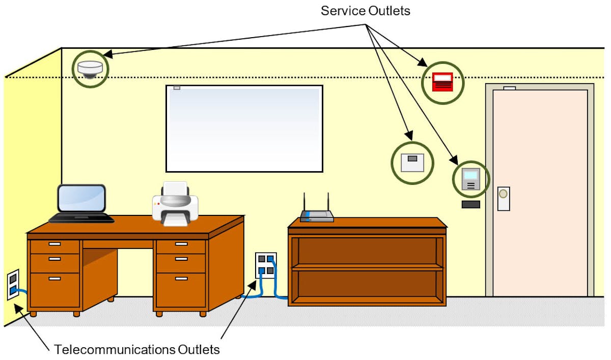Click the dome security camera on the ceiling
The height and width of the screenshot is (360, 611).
(x=90, y=69)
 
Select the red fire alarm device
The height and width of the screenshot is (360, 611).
(x=442, y=82)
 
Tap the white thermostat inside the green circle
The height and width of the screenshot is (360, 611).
(x=412, y=162)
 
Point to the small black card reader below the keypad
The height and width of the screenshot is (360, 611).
(x=471, y=205)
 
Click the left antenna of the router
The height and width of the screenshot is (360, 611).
(x=304, y=202)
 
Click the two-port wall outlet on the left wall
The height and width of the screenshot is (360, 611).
(x=13, y=285)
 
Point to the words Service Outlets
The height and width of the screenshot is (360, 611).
(x=365, y=11)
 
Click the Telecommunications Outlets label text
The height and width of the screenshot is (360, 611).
(x=137, y=350)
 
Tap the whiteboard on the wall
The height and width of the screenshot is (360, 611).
(x=244, y=128)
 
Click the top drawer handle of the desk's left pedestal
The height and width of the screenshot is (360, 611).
(x=54, y=244)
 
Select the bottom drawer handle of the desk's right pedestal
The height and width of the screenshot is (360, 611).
(x=181, y=279)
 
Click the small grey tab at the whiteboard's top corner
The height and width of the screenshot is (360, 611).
(x=177, y=88)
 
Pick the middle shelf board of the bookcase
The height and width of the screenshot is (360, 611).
(x=367, y=266)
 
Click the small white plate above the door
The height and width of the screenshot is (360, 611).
(x=509, y=88)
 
